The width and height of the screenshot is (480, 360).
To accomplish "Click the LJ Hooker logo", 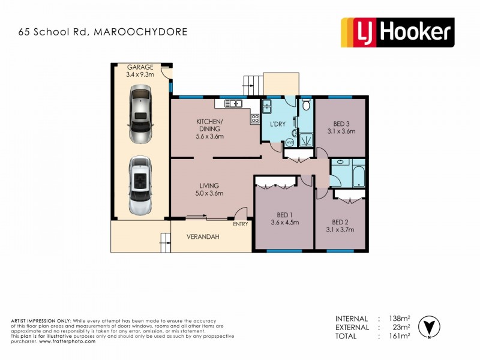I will pyautogui.click(x=397, y=32).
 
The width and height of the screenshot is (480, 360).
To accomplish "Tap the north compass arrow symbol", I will pyautogui.click(x=428, y=326).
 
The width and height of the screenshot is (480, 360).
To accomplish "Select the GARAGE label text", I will pyautogui.click(x=140, y=67).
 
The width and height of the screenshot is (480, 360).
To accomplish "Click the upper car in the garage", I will pyautogui.click(x=140, y=114).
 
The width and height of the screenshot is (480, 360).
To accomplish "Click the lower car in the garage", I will pyautogui.click(x=140, y=185).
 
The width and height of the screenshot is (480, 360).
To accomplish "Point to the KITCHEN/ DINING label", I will pyautogui.click(x=209, y=125).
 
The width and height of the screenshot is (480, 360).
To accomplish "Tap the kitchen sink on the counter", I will pyautogui.click(x=232, y=104).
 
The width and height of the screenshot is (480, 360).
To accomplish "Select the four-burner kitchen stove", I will pyautogui.click(x=255, y=118).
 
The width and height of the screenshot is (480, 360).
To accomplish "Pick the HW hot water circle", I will pyautogui.click(x=289, y=143).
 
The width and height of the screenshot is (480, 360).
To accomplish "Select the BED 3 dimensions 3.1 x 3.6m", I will pyautogui.click(x=341, y=131).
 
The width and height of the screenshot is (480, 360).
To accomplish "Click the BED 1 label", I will pyautogui.click(x=284, y=214).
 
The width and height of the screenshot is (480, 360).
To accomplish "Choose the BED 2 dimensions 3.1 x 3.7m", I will pyautogui.click(x=341, y=230).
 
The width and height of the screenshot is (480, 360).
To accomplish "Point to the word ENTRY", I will pyautogui.click(x=241, y=224).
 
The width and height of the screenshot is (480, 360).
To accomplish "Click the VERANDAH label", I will pyautogui.click(x=203, y=236).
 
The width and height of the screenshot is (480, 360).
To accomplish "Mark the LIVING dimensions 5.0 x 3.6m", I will pyautogui.click(x=209, y=193).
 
